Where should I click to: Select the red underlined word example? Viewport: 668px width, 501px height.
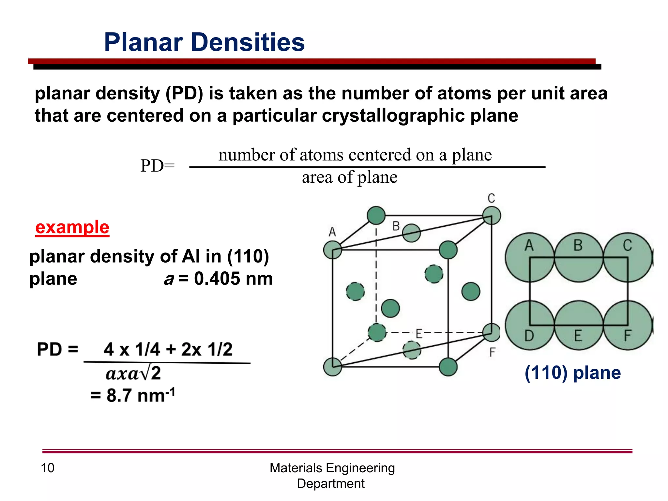[x=72, y=227]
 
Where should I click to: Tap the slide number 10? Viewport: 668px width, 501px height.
[x=47, y=468]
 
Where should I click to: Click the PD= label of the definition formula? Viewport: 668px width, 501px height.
[x=158, y=166]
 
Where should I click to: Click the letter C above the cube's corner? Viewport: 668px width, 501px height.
[x=491, y=198]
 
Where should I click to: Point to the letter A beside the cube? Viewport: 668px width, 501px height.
[x=332, y=232]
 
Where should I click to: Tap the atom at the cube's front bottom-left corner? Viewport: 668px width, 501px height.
[x=332, y=367]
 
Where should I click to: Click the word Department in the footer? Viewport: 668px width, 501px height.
[x=330, y=483]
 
